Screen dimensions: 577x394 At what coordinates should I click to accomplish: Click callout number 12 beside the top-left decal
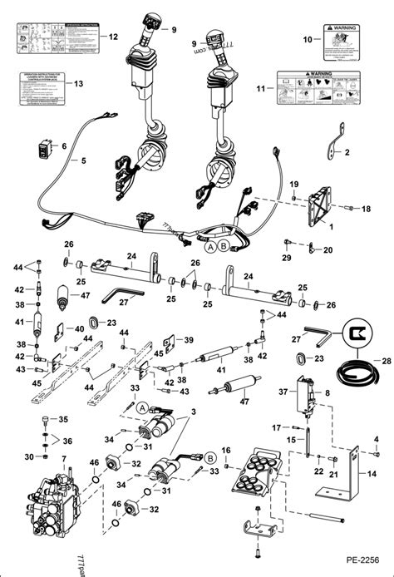tap(114, 37)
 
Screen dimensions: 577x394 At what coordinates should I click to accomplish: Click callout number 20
tap(328, 249)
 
